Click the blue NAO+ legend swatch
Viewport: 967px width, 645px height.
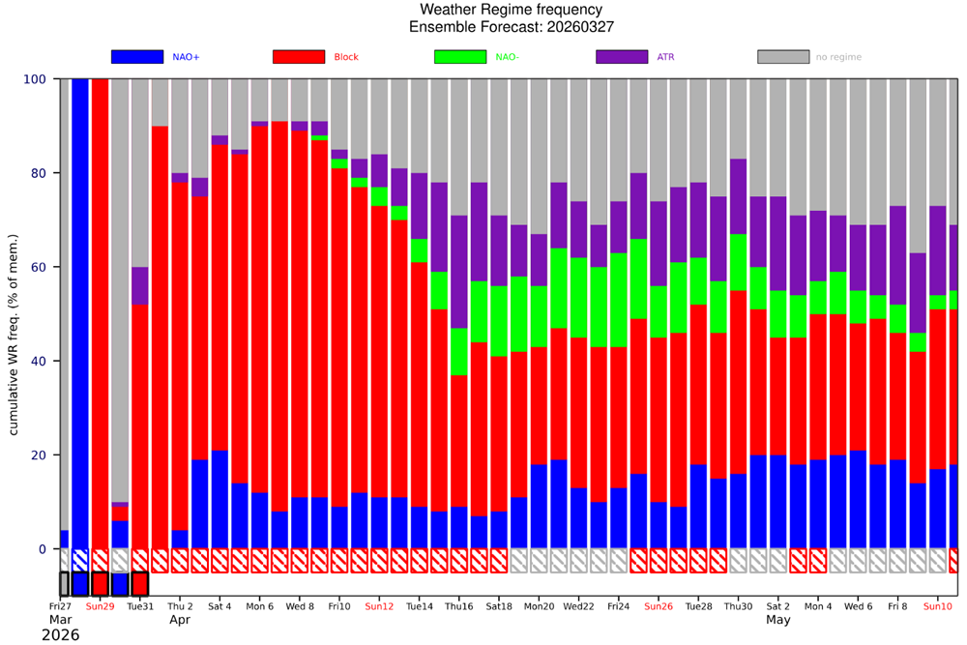pyautogui.click(x=136, y=57)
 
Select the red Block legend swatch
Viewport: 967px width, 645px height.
pyautogui.click(x=299, y=57)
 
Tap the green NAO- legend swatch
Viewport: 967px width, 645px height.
pyautogui.click(x=460, y=57)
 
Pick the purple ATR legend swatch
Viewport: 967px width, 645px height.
pyautogui.click(x=622, y=57)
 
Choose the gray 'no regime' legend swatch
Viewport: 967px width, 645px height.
pyautogui.click(x=783, y=57)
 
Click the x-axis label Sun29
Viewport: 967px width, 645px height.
pyautogui.click(x=100, y=606)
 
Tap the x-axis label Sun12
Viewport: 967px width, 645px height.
pyautogui.click(x=379, y=606)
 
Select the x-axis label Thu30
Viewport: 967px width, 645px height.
pyautogui.click(x=739, y=606)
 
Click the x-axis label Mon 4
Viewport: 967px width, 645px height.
pyautogui.click(x=818, y=606)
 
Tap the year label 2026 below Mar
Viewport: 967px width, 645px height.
pyautogui.click(x=60, y=635)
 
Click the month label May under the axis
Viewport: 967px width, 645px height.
pyautogui.click(x=778, y=619)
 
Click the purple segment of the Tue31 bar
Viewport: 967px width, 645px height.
pyautogui.click(x=140, y=285)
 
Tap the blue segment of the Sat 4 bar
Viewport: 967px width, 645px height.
pyautogui.click(x=220, y=499)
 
